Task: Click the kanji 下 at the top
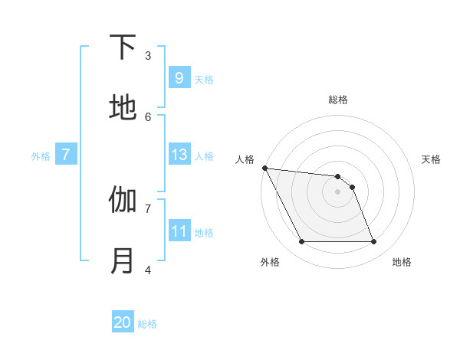click(123, 48)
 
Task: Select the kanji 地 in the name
click(123, 108)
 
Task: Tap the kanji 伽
click(123, 201)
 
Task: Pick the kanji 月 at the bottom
click(123, 261)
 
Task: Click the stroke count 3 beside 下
click(148, 55)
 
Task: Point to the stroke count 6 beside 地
click(148, 116)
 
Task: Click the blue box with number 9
click(179, 77)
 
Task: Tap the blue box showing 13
click(179, 155)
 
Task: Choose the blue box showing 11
click(179, 231)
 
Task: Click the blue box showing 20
click(123, 322)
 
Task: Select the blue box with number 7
click(66, 155)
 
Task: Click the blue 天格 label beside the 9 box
click(204, 79)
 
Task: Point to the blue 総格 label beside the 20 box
click(147, 324)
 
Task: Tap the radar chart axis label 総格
click(338, 100)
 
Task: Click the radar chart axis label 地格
click(402, 262)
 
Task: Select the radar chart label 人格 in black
click(245, 159)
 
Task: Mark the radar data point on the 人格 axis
click(264, 168)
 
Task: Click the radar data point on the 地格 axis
click(373, 242)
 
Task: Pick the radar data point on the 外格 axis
click(301, 242)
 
